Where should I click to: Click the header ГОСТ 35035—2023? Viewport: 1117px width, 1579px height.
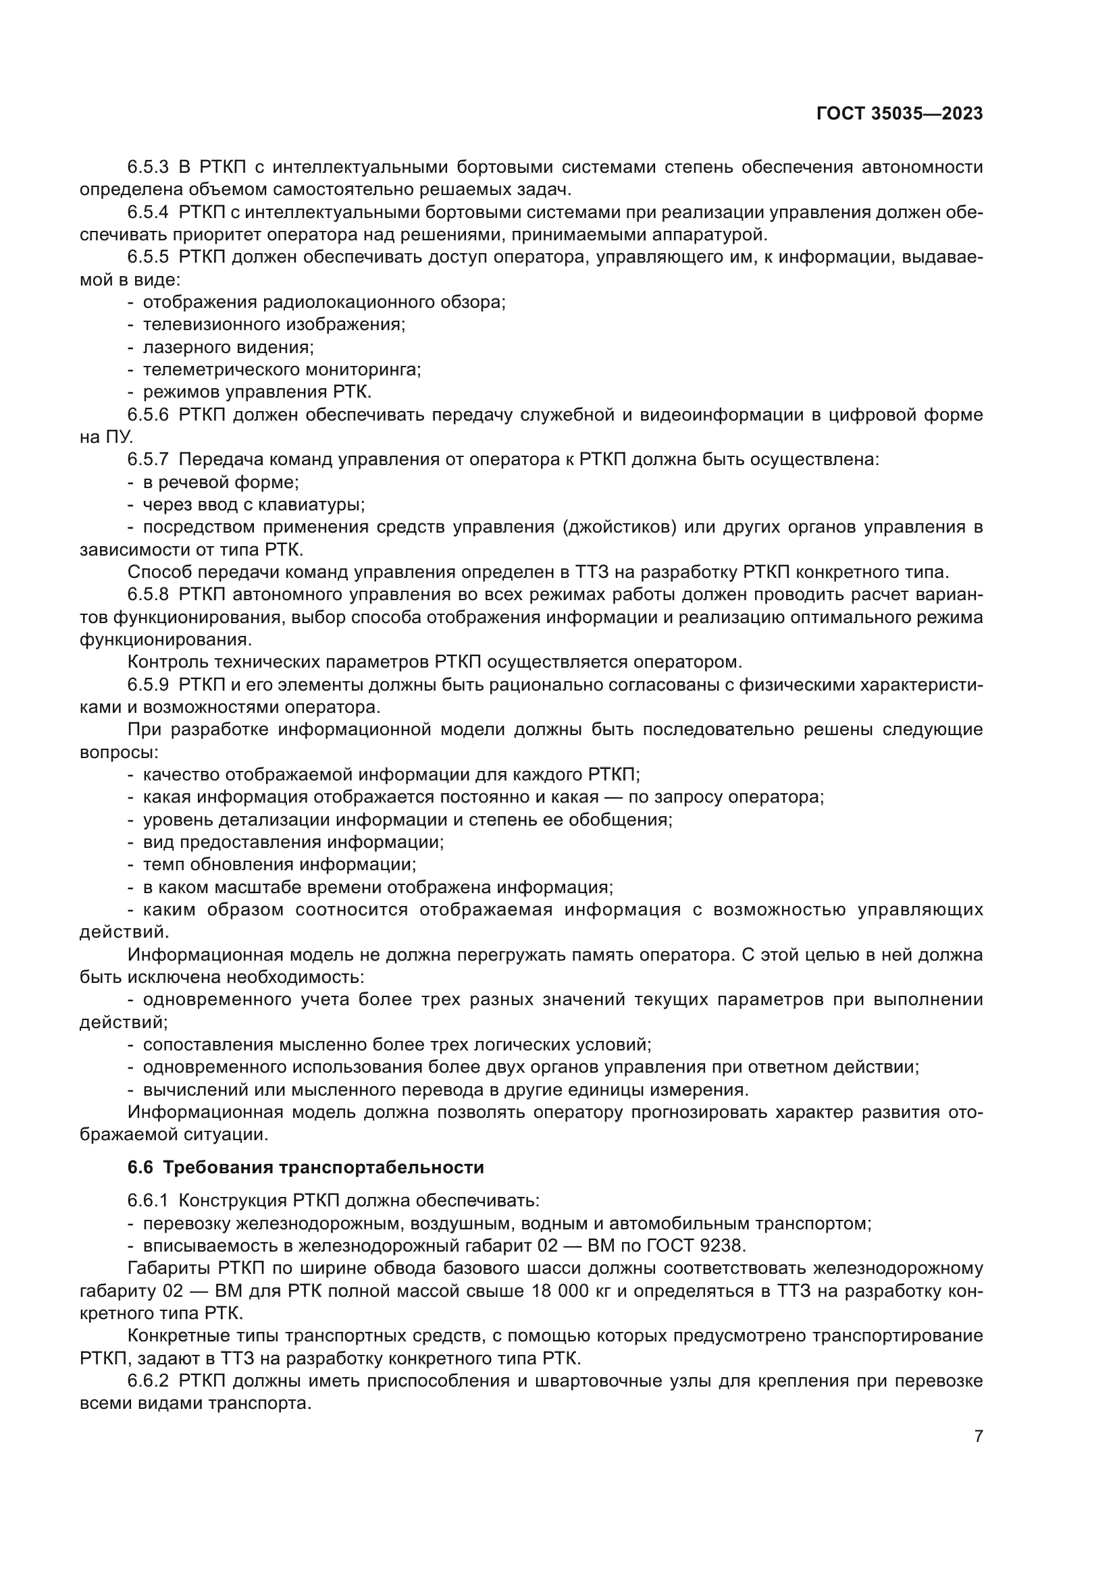(x=900, y=114)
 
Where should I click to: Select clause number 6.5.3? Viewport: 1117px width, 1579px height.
(x=148, y=167)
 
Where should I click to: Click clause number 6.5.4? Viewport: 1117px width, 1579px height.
(x=148, y=213)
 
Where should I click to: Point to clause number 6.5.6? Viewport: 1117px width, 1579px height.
(x=148, y=414)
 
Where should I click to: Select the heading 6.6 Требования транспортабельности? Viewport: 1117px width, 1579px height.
(x=306, y=1167)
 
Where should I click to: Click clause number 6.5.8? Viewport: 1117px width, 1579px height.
(x=148, y=595)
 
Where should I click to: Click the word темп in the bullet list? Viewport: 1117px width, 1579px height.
(x=160, y=865)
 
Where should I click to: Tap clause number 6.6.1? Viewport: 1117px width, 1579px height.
(x=148, y=1201)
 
